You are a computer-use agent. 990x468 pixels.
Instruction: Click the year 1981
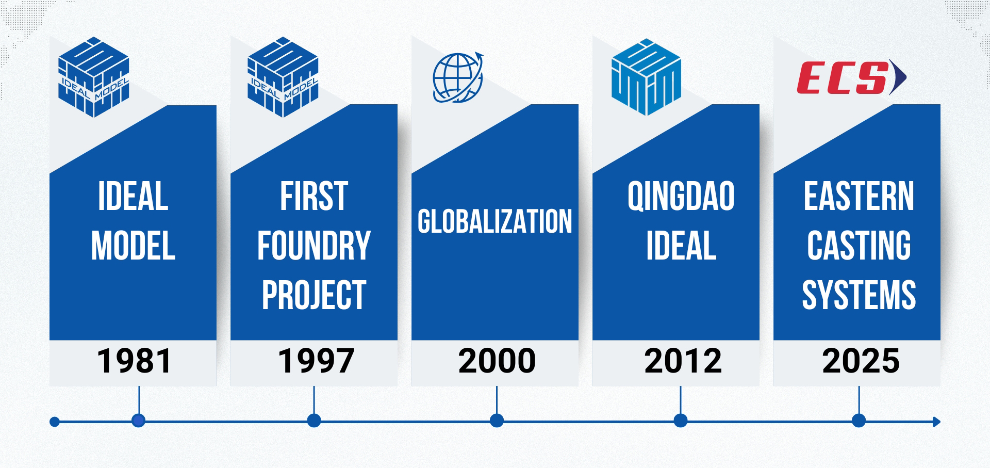click(134, 361)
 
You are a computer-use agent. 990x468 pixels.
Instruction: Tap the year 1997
click(316, 361)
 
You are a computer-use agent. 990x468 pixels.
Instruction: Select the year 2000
click(497, 361)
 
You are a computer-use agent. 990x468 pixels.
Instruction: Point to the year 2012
click(683, 361)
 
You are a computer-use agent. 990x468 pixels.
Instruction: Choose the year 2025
click(861, 361)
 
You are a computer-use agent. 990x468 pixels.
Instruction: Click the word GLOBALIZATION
click(495, 221)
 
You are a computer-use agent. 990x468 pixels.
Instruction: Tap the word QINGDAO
click(681, 196)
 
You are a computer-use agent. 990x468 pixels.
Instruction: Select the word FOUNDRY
click(314, 246)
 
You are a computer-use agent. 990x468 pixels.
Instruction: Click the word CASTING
click(859, 246)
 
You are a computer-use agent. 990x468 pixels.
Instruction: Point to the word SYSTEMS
click(859, 295)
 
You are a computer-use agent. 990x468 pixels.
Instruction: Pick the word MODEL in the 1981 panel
click(134, 246)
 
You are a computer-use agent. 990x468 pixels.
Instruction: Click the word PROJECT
click(314, 295)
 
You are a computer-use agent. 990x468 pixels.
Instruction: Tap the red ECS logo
click(851, 77)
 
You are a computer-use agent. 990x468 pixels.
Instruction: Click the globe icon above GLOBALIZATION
click(458, 78)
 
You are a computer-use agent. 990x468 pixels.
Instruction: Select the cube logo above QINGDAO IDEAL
click(646, 77)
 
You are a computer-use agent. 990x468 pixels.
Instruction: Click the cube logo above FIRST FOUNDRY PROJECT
click(283, 77)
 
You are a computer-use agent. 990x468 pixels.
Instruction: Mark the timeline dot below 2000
click(497, 421)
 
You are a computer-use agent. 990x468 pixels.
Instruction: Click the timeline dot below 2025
click(859, 421)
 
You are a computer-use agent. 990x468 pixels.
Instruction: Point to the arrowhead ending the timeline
click(937, 422)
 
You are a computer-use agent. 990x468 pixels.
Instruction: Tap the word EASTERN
click(859, 196)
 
